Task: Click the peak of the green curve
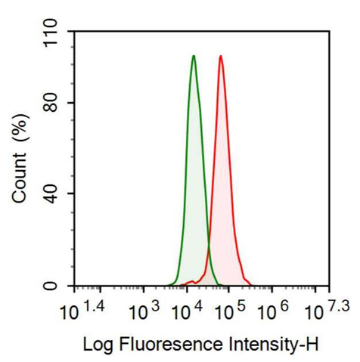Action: click(194, 56)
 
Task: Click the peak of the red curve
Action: click(220, 56)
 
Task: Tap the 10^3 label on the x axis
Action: click(143, 310)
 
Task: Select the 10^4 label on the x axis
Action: click(187, 310)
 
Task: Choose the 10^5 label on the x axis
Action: click(231, 310)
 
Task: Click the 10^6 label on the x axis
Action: click(275, 310)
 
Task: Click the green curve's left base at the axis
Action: click(171, 284)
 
